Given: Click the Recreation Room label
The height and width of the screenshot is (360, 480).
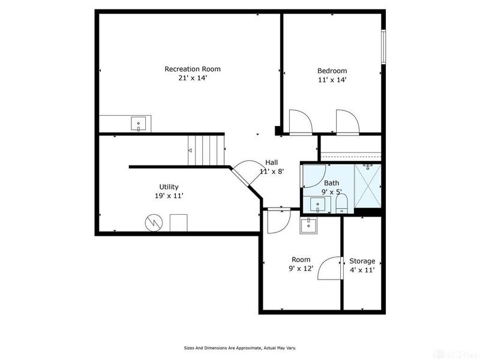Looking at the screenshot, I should pyautogui.click(x=189, y=69).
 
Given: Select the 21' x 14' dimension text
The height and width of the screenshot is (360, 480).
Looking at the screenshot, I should pyautogui.click(x=189, y=78).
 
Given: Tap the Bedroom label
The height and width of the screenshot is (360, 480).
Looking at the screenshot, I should pyautogui.click(x=332, y=70).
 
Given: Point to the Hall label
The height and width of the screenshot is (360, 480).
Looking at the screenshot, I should pyautogui.click(x=272, y=163).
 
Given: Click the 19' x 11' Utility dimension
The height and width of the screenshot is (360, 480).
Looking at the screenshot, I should pyautogui.click(x=169, y=196).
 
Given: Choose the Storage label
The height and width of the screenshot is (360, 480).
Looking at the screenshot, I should pyautogui.click(x=362, y=261).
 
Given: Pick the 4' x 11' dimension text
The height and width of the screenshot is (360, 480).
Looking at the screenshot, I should pyautogui.click(x=362, y=270).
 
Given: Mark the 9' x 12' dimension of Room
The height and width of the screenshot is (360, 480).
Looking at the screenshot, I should pyautogui.click(x=301, y=269).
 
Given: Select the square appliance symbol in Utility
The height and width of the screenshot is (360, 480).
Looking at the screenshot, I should pyautogui.click(x=179, y=223).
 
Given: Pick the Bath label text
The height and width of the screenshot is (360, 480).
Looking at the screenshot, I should pyautogui.click(x=332, y=183).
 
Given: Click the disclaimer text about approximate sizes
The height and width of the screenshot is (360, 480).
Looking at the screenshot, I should pyautogui.click(x=239, y=347).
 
